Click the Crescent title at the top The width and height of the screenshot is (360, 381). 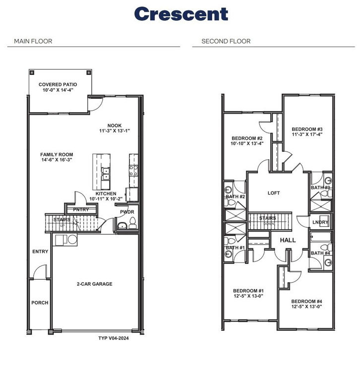180,14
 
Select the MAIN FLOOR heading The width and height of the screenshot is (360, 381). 33,41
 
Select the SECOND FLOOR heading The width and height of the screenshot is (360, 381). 226,41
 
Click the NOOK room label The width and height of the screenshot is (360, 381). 115,125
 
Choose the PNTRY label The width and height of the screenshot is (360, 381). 81,210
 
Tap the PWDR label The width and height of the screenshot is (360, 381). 127,212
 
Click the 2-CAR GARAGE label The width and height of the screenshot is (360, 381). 94,284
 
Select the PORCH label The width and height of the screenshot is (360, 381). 40,303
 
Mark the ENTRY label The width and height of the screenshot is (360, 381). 40,252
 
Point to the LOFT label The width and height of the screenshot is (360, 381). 274,193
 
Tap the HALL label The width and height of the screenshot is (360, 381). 288,240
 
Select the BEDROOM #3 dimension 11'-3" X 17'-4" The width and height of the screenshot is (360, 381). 307,134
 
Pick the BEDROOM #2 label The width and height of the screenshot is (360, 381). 246,138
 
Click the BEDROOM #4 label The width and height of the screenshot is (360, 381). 306,302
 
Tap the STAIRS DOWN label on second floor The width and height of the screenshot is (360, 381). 267,220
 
